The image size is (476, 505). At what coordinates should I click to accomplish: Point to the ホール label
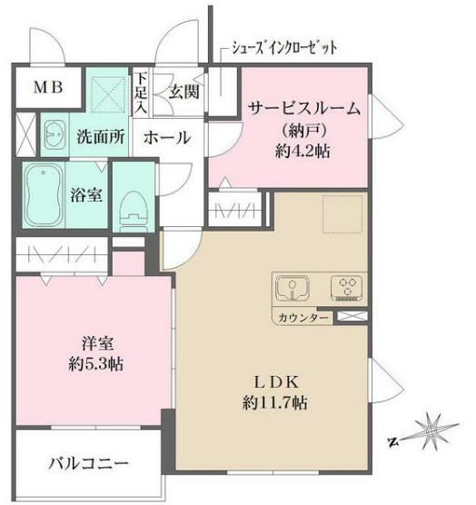point(167,138)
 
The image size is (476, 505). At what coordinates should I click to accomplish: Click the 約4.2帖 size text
point(303,150)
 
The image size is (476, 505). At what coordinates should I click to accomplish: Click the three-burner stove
point(346,288)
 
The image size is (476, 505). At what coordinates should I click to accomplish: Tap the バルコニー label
point(88,463)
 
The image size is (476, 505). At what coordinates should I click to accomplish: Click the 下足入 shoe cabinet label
point(142,92)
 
